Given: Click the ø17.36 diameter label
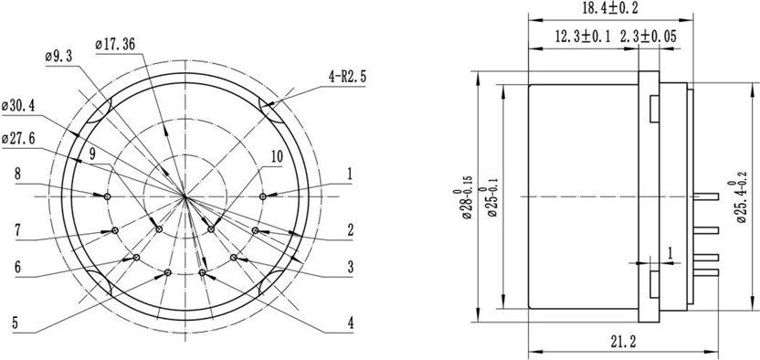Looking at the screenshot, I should pyautogui.click(x=116, y=42).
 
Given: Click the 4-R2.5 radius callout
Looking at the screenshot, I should pyautogui.click(x=346, y=79).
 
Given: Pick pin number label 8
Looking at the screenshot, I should pyautogui.click(x=17, y=172).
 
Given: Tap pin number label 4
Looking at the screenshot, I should pyautogui.click(x=350, y=322).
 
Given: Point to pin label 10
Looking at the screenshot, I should pyautogui.click(x=276, y=157).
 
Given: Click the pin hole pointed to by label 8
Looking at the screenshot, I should pyautogui.click(x=108, y=196).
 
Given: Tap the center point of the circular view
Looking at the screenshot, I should pyautogui.click(x=185, y=196).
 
